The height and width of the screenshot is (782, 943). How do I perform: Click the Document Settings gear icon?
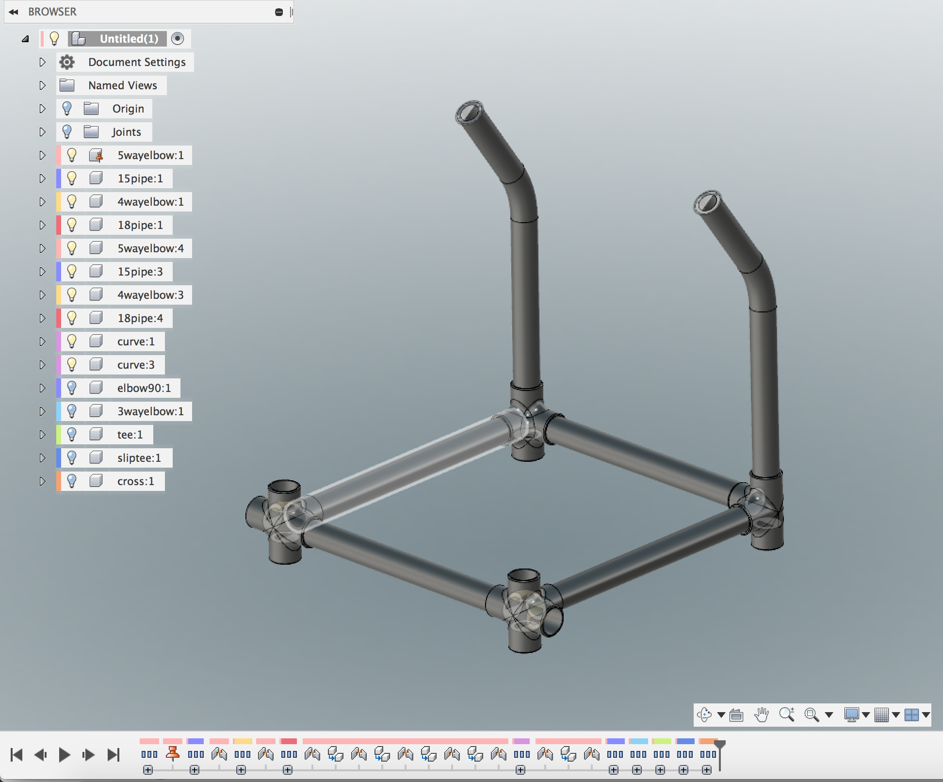[x=67, y=62]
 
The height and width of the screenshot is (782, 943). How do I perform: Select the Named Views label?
[x=122, y=85]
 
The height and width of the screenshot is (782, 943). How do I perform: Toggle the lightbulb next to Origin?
[x=67, y=109]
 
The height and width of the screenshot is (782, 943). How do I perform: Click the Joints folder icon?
[x=91, y=132]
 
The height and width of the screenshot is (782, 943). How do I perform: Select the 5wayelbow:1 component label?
[x=150, y=155]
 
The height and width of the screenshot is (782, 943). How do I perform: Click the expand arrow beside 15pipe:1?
[x=42, y=179]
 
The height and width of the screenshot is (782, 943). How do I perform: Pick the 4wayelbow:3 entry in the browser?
[x=150, y=295]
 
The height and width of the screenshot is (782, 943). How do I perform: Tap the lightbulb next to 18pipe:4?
[x=72, y=318]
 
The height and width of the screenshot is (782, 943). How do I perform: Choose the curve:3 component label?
[x=136, y=365]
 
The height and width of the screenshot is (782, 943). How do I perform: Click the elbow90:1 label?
[x=144, y=388]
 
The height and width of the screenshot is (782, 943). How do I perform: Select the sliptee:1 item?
[x=139, y=458]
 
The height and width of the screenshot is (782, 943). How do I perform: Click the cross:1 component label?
[x=135, y=481]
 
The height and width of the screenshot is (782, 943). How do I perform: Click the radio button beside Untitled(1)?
[x=178, y=39]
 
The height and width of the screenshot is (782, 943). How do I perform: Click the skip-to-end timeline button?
[x=114, y=755]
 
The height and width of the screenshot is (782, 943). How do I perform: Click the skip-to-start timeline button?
[x=16, y=755]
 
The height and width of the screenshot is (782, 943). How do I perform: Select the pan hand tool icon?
[x=762, y=715]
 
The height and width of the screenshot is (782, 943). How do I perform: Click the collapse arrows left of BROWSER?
[x=14, y=12]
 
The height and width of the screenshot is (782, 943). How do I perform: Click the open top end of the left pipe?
[x=469, y=113]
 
